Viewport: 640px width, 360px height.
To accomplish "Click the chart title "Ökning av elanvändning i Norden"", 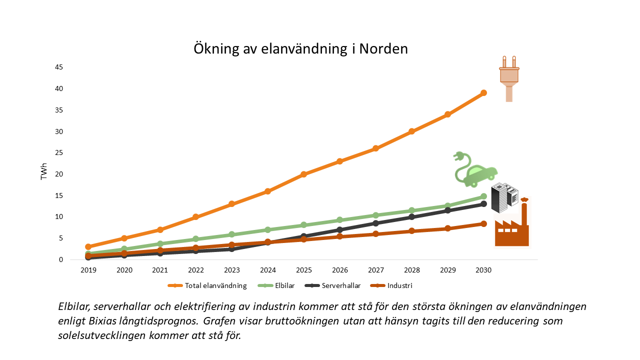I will pyautogui.click(x=301, y=49).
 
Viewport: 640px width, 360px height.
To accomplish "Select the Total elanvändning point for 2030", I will pyautogui.click(x=483, y=93).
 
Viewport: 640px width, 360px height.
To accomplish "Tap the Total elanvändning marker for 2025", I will pyautogui.click(x=303, y=174).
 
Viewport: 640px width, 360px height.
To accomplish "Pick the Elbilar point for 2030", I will pyautogui.click(x=483, y=197).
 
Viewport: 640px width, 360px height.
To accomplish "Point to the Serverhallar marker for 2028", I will pyautogui.click(x=411, y=217).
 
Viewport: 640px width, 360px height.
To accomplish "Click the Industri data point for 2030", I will pyautogui.click(x=483, y=224).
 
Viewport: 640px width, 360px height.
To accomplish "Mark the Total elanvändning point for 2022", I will pyautogui.click(x=196, y=217).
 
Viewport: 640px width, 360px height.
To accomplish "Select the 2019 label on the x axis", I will pyautogui.click(x=88, y=270).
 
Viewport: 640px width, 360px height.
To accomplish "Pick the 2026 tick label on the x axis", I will pyautogui.click(x=339, y=270).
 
